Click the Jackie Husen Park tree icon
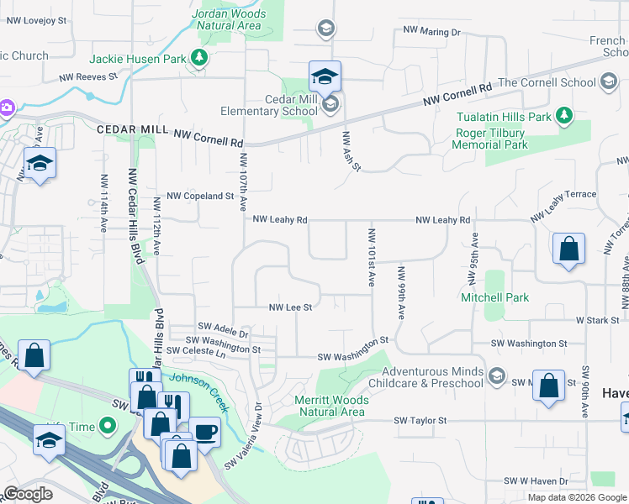(199, 57)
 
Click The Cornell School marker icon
(609, 82)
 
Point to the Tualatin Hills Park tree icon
(565, 115)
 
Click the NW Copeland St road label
(200, 196)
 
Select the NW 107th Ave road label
(243, 181)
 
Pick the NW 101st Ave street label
(371, 257)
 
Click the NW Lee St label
(290, 307)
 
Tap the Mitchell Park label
(494, 297)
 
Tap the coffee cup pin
(204, 433)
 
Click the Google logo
(28, 494)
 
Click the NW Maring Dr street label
(432, 32)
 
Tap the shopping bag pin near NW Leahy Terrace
(569, 249)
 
